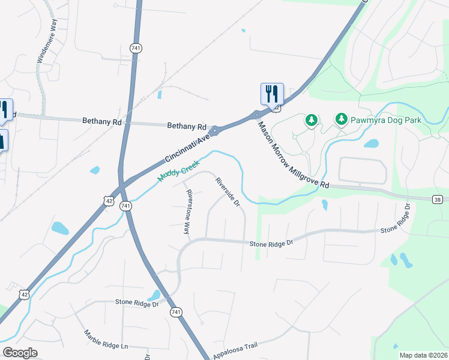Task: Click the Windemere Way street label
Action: click(x=46, y=41)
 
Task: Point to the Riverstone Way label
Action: click(x=188, y=212)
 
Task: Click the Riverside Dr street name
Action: click(x=228, y=191)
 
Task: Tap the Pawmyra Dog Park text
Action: click(x=387, y=119)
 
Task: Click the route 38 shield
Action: click(x=439, y=199)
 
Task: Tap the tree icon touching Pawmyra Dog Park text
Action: click(x=342, y=119)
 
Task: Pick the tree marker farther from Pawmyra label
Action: click(x=311, y=121)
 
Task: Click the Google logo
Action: click(x=20, y=352)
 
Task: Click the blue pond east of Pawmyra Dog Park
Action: click(x=372, y=144)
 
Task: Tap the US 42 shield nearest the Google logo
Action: click(x=23, y=293)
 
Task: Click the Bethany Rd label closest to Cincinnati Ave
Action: click(x=185, y=126)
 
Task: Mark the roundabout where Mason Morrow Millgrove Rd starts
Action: click(x=257, y=115)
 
